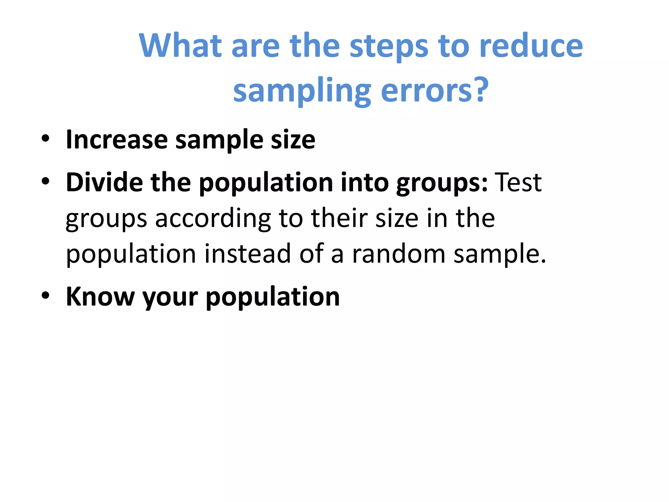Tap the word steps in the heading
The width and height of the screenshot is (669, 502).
(389, 46)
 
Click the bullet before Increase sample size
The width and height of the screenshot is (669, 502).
(45, 139)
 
